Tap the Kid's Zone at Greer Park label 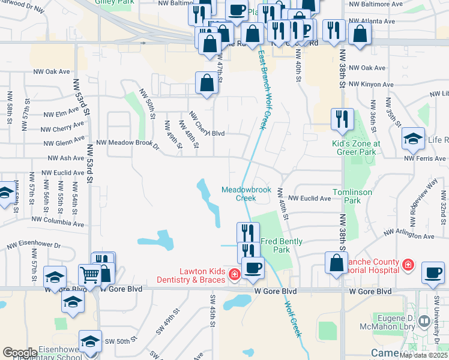coord(356,148)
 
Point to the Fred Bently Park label coord(282,245)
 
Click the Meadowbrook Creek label coord(246,193)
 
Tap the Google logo coord(20,353)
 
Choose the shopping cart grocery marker coord(89,275)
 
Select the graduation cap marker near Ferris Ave coord(413,139)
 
